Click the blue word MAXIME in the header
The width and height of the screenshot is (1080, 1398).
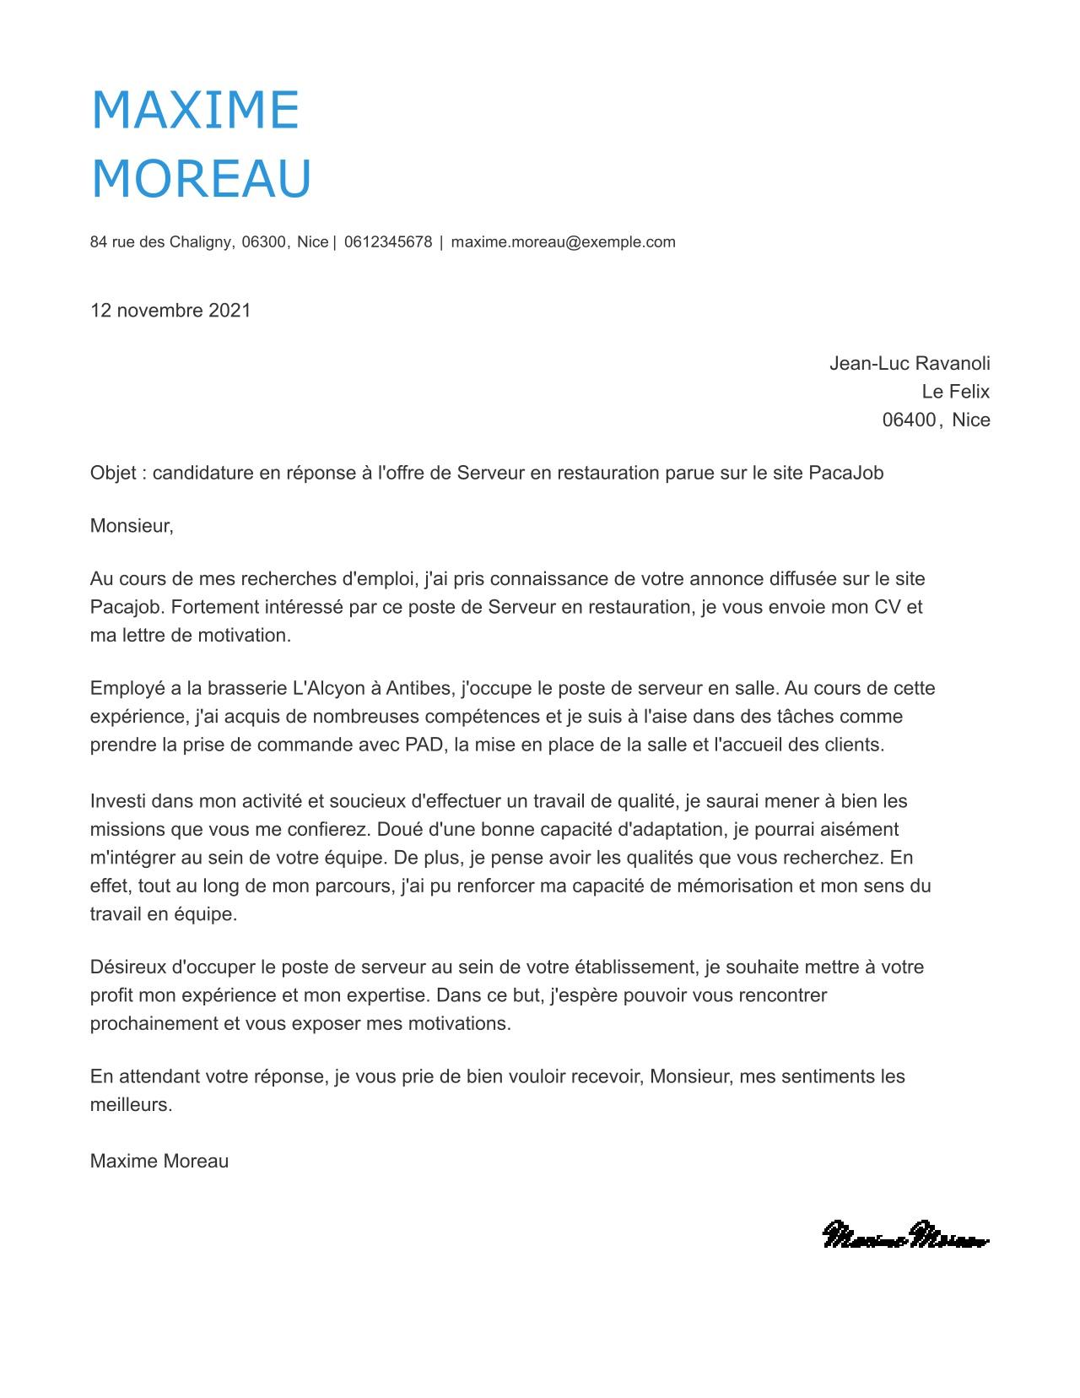(x=195, y=110)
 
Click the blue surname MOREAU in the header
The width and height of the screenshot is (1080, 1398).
(x=201, y=179)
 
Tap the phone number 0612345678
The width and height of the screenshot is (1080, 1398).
(x=388, y=242)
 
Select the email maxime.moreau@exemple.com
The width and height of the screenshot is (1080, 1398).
(x=563, y=242)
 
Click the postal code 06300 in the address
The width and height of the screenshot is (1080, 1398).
(x=264, y=242)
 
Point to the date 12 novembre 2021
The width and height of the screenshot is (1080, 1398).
(x=170, y=311)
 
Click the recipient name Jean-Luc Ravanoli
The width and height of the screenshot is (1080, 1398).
(x=910, y=364)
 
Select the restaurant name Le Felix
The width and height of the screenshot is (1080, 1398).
(x=955, y=392)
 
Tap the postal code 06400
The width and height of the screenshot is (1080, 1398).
(x=909, y=420)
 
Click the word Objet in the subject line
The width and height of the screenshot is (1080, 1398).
(x=113, y=473)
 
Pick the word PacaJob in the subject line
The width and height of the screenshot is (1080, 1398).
(x=845, y=473)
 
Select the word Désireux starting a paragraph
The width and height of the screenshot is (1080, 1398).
(x=128, y=967)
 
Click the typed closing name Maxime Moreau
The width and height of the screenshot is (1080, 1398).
(x=159, y=1161)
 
